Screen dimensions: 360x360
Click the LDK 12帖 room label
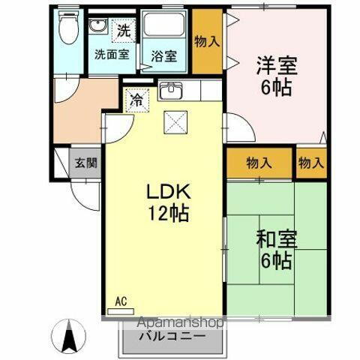(x=166, y=201)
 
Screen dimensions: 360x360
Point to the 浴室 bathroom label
(x=163, y=55)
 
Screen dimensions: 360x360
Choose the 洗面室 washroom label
(x=111, y=54)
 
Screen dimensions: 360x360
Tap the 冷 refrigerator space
(x=136, y=98)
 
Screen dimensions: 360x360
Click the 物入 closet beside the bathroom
(x=207, y=41)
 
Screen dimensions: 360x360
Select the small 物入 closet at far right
(x=310, y=161)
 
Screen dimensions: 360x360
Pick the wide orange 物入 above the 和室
(x=259, y=161)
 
